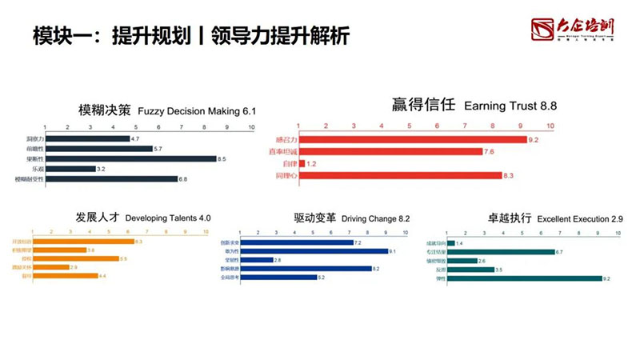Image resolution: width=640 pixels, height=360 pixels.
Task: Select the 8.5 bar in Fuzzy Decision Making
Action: pyautogui.click(x=132, y=159)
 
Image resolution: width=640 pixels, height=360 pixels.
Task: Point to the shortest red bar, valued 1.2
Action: pyautogui.click(x=302, y=163)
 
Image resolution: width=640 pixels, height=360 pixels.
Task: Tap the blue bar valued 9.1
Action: pyautogui.click(x=313, y=250)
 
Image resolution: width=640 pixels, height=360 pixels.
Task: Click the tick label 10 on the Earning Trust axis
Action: pyautogui.click(x=550, y=126)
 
